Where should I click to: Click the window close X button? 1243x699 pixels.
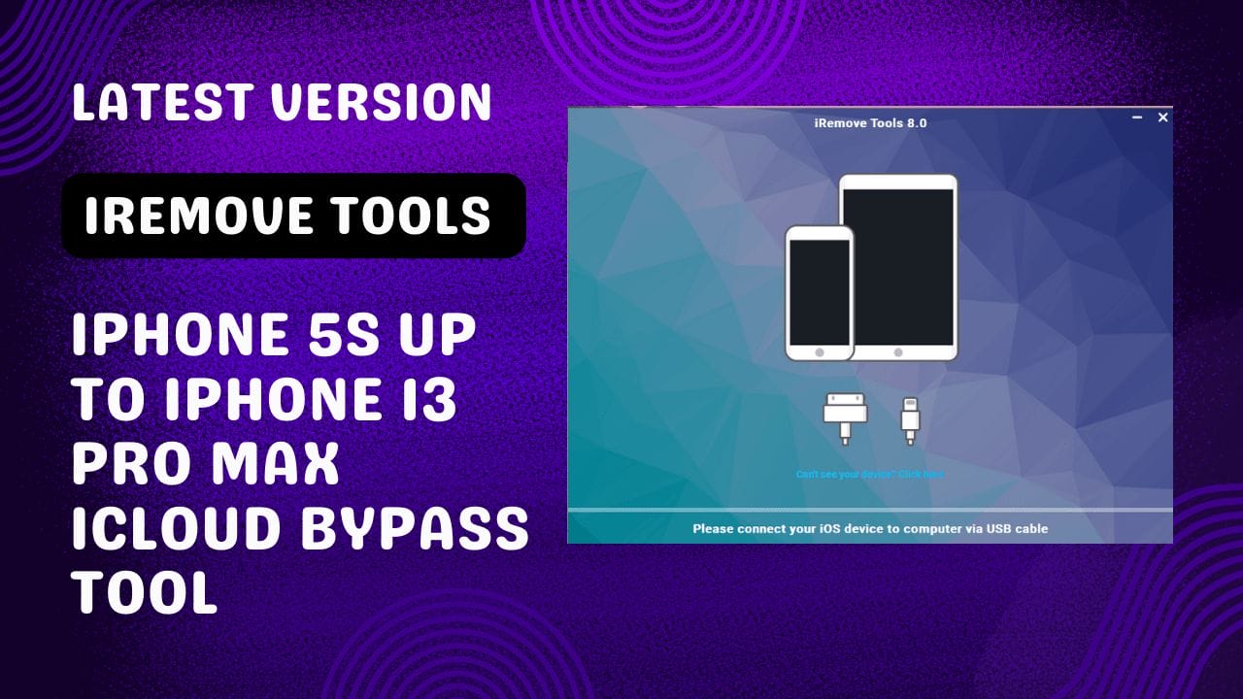tap(1162, 117)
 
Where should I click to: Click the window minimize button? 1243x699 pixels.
tap(1137, 117)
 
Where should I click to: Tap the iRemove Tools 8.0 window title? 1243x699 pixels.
tap(870, 123)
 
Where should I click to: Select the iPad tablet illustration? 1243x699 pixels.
tap(898, 267)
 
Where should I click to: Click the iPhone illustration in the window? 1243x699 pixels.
tap(820, 293)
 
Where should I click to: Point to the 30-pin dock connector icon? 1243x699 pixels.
tap(844, 416)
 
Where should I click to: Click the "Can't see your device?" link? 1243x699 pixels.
tap(869, 475)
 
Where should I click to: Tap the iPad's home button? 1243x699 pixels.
tap(898, 352)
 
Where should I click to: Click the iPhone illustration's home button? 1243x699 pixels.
tap(820, 352)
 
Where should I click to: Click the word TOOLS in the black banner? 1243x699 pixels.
tap(422, 215)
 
